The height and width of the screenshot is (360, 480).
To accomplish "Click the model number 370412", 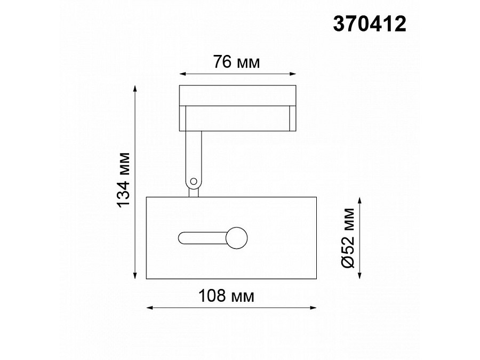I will [x=369, y=24].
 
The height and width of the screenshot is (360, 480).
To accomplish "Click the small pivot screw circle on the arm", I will [x=194, y=181].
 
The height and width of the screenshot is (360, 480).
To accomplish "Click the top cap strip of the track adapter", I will [x=237, y=95].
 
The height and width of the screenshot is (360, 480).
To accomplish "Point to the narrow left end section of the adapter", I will [x=182, y=118].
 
